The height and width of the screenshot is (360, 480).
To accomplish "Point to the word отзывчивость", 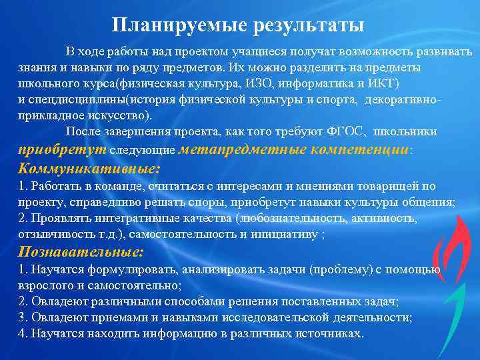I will click(x=53, y=234).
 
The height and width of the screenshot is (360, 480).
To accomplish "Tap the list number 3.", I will click(x=22, y=317).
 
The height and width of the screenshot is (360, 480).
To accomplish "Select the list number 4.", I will click(x=22, y=333).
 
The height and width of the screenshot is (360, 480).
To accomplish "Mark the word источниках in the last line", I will click(x=330, y=333).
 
